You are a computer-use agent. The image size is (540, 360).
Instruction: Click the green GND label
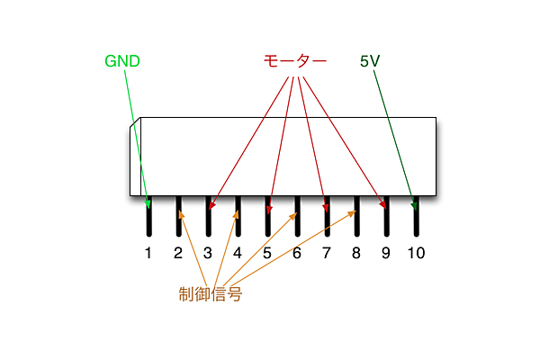122,61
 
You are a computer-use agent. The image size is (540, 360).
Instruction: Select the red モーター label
294,61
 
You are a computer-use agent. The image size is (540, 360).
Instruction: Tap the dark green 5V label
370,61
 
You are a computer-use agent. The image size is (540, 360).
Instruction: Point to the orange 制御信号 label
210,293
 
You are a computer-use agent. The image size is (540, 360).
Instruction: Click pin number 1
148,253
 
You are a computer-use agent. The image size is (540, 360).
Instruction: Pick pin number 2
178,253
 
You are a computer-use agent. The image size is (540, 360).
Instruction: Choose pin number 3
208,253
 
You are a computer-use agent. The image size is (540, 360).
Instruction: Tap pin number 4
238,253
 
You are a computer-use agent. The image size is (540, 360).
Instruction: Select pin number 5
267,253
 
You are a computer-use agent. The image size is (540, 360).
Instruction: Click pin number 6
297,253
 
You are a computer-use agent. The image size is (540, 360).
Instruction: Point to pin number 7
327,253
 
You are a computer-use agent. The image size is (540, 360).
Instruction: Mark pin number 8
356,253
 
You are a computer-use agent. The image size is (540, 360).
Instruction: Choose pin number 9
386,253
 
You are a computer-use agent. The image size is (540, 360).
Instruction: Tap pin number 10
416,253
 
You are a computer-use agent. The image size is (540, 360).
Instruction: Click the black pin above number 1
148,220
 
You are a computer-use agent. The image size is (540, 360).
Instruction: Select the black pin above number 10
416,220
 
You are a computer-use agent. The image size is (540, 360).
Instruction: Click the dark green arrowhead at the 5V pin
414,203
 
